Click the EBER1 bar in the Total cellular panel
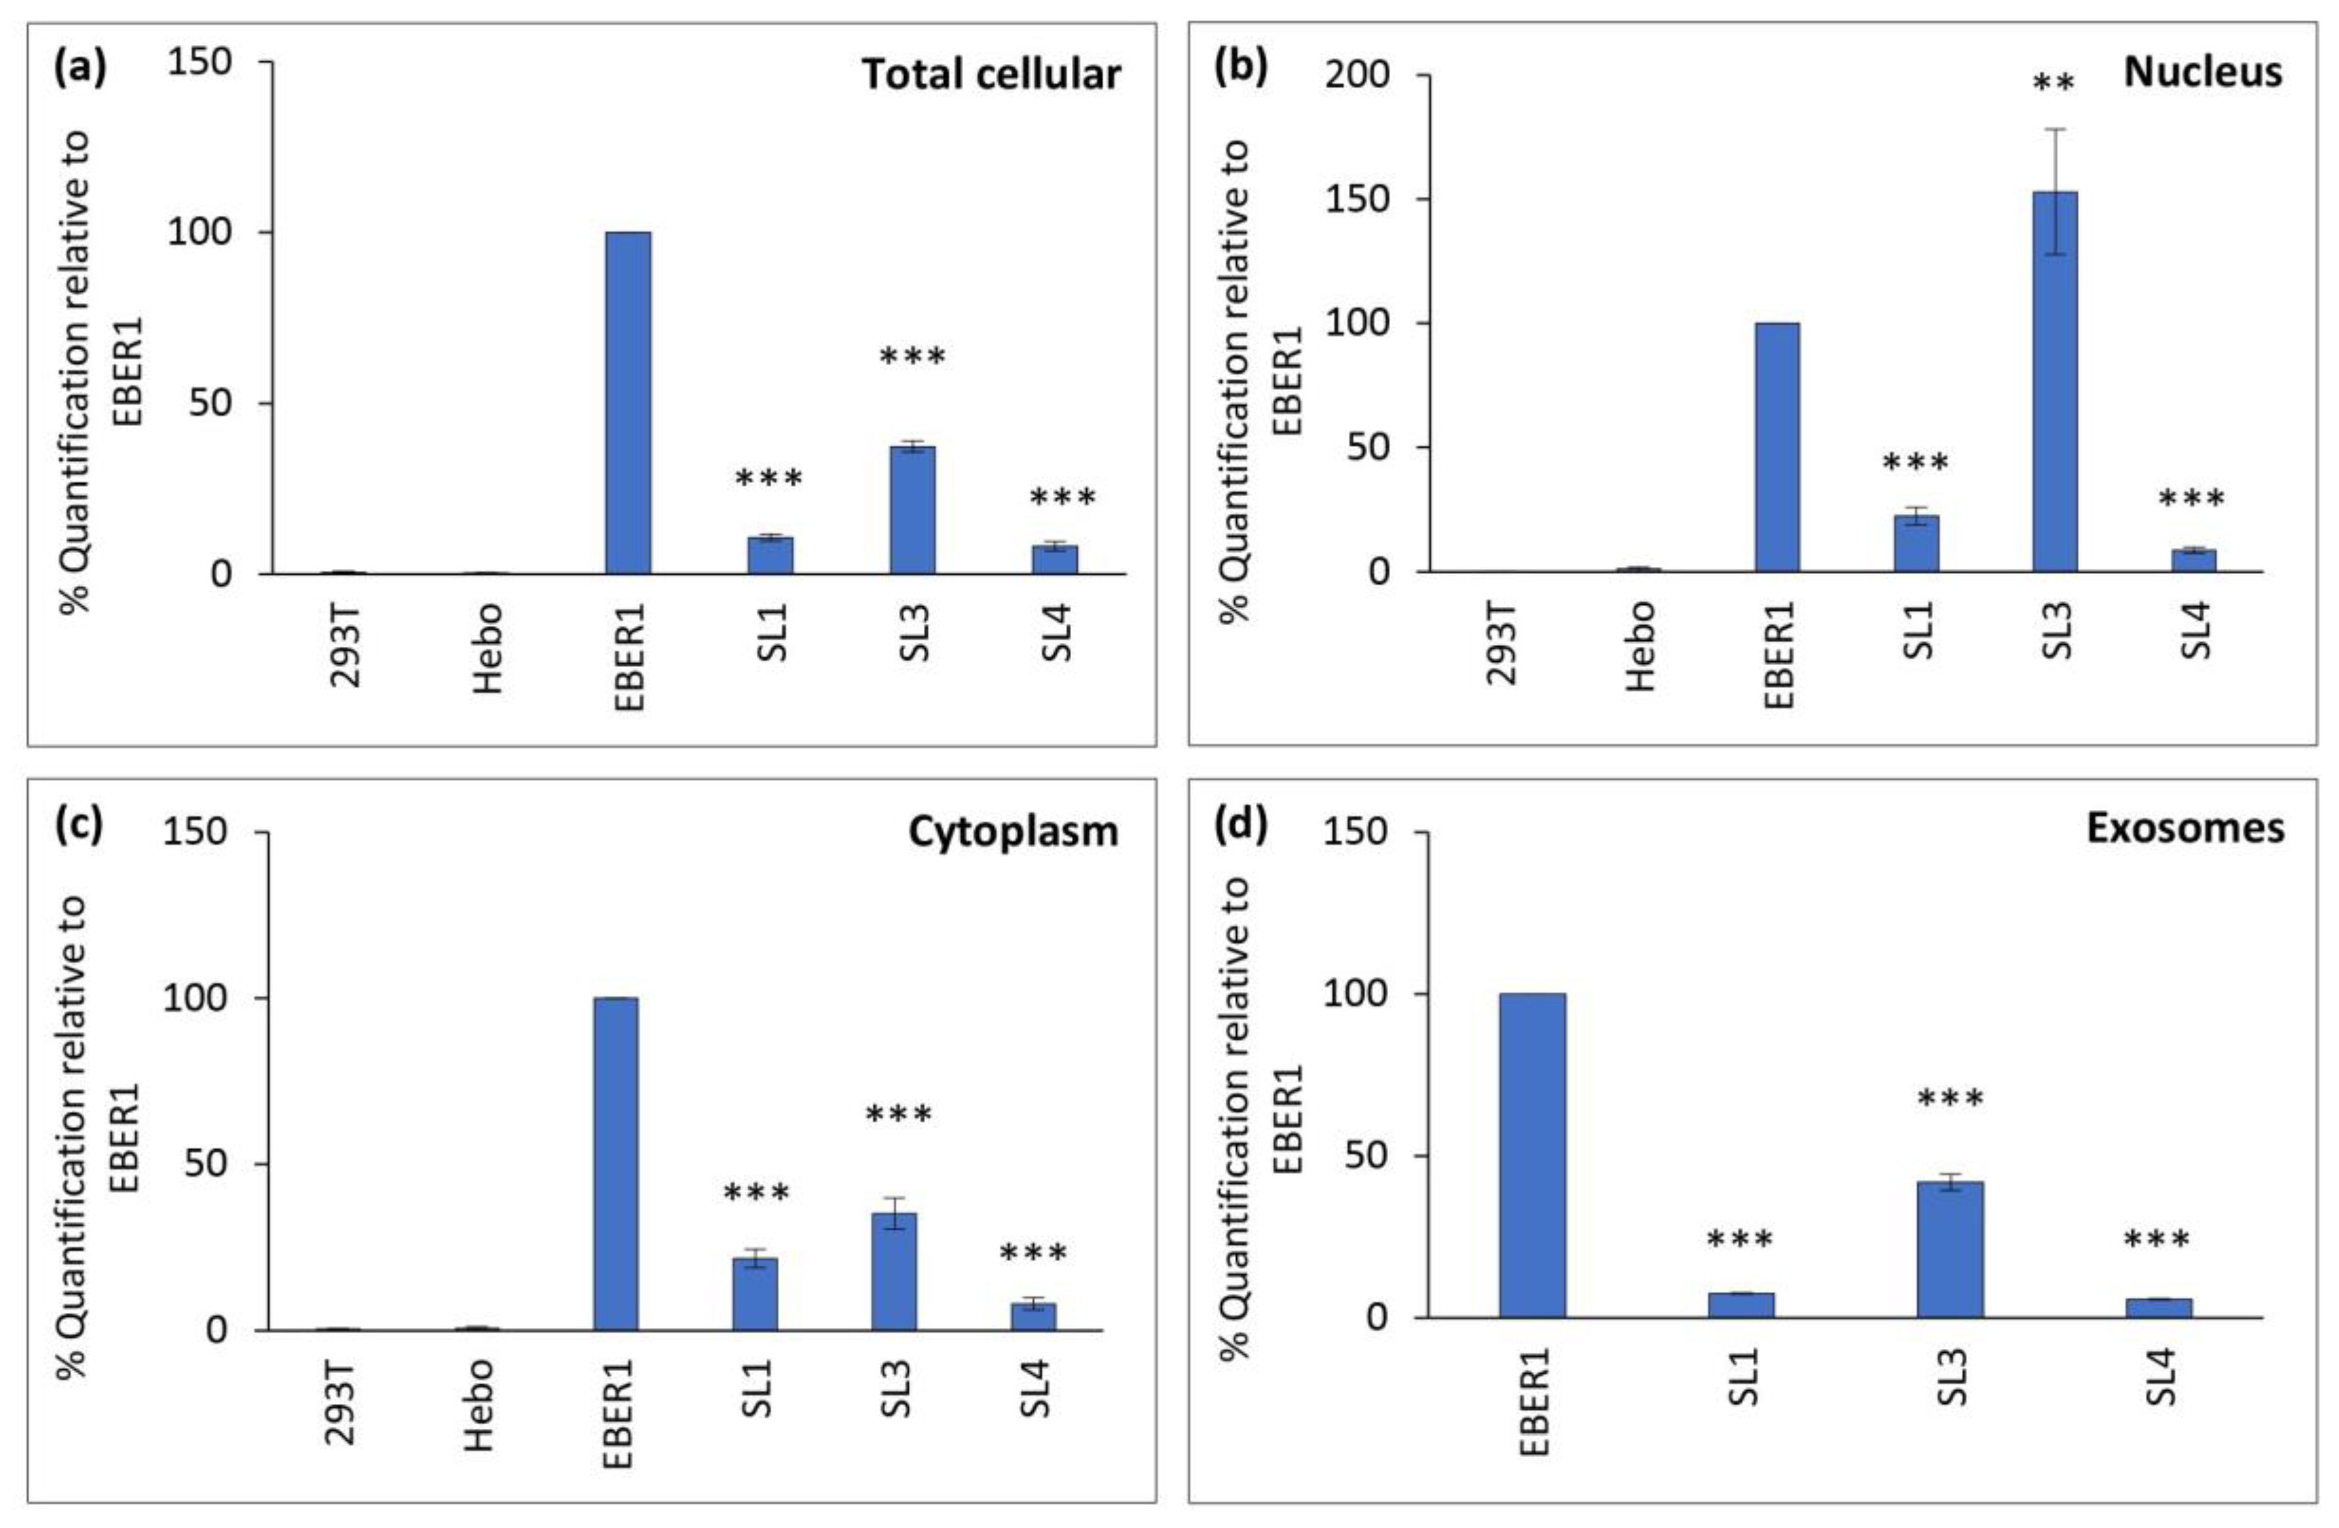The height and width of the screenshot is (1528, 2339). coord(627,403)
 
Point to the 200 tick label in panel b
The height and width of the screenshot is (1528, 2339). coord(1357,76)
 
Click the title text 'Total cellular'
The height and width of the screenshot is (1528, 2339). coord(991,75)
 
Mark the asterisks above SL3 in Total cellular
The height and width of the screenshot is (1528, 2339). coord(912,356)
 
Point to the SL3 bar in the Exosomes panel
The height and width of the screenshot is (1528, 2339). coord(1950,1249)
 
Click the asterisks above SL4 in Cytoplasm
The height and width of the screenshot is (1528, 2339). coord(1033,1254)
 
